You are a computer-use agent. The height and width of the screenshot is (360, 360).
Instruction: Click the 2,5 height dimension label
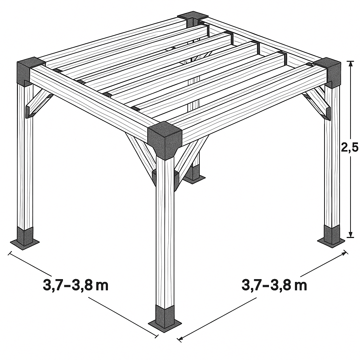click(349, 147)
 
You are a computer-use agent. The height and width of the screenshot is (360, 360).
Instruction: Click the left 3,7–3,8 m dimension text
click(76, 285)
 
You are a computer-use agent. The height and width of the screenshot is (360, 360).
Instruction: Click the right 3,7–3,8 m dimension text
click(274, 285)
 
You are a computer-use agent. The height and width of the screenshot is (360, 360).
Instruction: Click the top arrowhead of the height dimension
click(350, 64)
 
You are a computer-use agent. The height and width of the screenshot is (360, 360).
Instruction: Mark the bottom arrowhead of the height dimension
click(350, 234)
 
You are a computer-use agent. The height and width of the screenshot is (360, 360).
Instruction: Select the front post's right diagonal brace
click(192, 159)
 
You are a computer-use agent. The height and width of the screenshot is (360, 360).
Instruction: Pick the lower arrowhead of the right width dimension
click(181, 338)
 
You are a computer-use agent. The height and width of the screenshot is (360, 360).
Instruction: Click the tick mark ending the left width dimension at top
click(9, 253)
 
